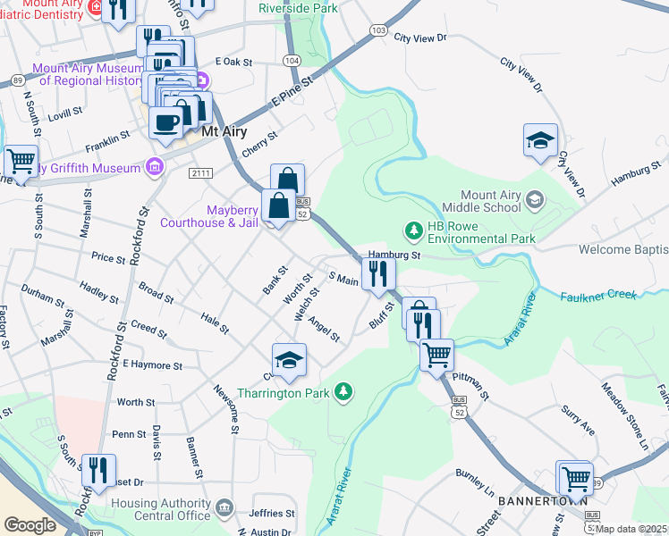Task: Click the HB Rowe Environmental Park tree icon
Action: click(x=413, y=231)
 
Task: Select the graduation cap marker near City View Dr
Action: click(x=540, y=141)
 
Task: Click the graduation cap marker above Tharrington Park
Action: click(x=289, y=361)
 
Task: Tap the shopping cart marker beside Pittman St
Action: click(x=436, y=355)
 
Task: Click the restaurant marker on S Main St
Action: click(x=377, y=275)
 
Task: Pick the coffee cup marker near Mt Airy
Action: click(x=165, y=123)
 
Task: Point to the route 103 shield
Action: click(x=378, y=31)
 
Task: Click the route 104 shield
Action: click(x=291, y=60)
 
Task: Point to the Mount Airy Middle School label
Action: click(x=490, y=202)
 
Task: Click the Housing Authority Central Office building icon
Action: click(x=224, y=508)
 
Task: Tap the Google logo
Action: click(x=30, y=524)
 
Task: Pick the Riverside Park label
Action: click(x=298, y=7)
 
